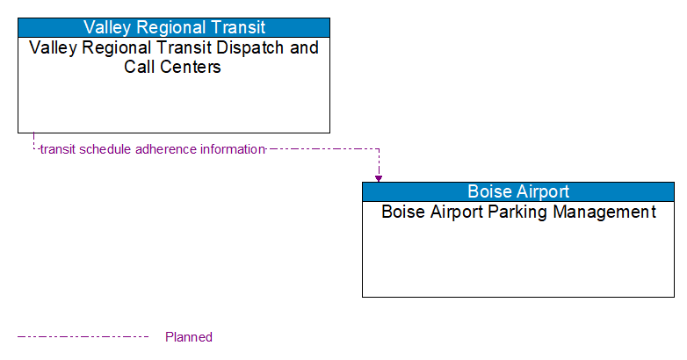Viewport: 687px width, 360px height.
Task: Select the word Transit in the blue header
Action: [x=237, y=27]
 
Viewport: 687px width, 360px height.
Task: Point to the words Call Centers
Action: [x=173, y=67]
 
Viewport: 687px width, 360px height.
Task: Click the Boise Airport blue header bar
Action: [x=518, y=191]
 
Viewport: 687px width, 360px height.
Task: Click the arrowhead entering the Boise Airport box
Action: [x=379, y=178]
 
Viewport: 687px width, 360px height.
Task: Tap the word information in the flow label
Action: [x=233, y=149]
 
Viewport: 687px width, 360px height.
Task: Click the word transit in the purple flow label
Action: [x=58, y=149]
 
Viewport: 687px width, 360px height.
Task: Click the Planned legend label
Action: [x=189, y=337]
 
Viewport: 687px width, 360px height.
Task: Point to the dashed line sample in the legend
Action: [x=83, y=336]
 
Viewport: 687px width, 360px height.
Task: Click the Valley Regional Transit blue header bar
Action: [x=174, y=27]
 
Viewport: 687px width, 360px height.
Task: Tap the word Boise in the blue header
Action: [x=488, y=191]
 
